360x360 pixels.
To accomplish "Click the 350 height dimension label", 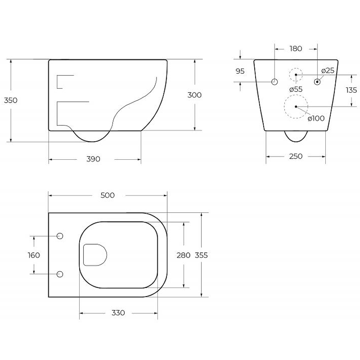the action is pyautogui.click(x=10, y=100).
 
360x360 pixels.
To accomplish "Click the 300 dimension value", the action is pyautogui.click(x=194, y=95).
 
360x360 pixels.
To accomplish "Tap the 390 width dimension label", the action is pyautogui.click(x=93, y=159).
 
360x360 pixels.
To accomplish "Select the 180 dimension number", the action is pyautogui.click(x=296, y=49).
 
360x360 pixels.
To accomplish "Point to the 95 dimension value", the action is pyautogui.click(x=240, y=71).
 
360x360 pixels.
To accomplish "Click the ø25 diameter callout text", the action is pyautogui.click(x=328, y=71).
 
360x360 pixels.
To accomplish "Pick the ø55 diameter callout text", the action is pyautogui.click(x=296, y=89).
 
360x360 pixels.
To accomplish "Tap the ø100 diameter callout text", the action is pyautogui.click(x=316, y=118).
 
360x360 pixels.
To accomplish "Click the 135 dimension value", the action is pyautogui.click(x=351, y=90).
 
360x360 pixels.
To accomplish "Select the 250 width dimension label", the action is pyautogui.click(x=296, y=156).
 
